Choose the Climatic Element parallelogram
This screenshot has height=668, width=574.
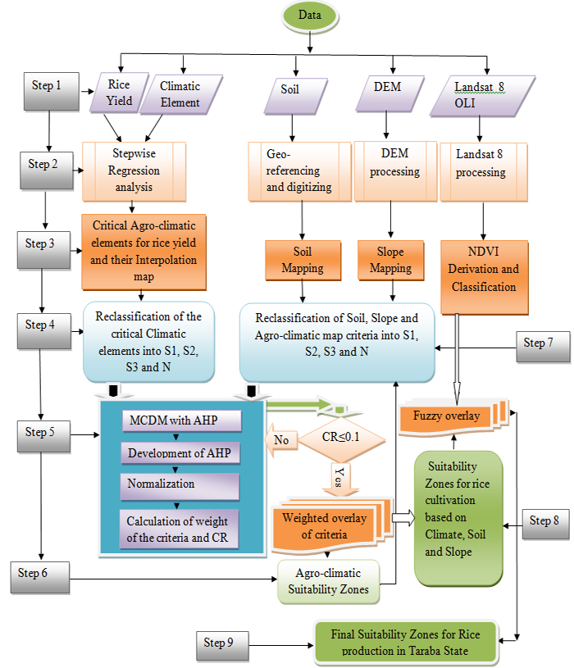(x=180, y=94)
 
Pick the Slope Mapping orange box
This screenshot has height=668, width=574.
(x=391, y=261)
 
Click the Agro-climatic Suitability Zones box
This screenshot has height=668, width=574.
(x=329, y=580)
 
